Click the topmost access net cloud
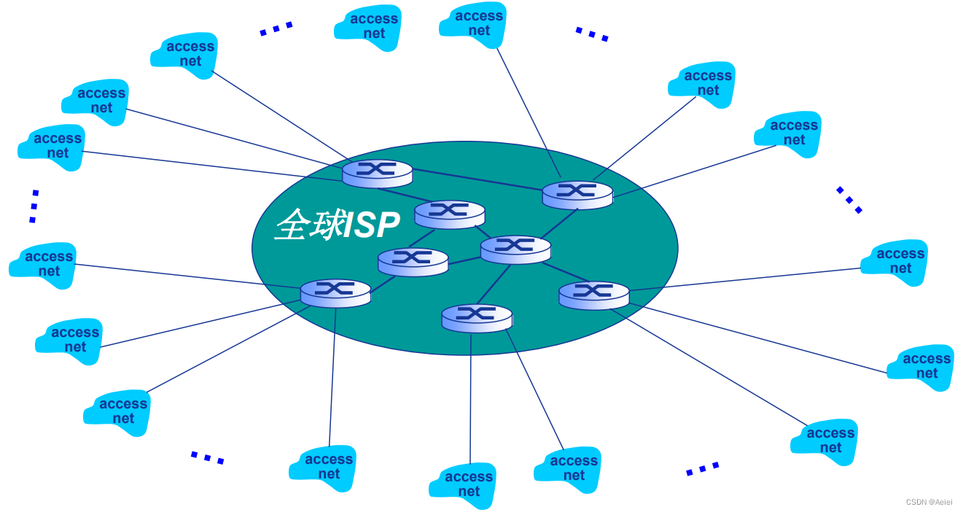tap(480, 24)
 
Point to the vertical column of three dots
tap(34, 206)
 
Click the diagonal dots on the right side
tap(849, 200)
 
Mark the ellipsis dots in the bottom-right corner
tap(702, 469)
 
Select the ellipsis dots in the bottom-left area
tap(207, 458)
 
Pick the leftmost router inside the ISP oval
tap(335, 292)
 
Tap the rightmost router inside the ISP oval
tap(593, 295)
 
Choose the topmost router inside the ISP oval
tap(377, 173)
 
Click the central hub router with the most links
tap(515, 249)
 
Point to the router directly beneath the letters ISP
tap(413, 261)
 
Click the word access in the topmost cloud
tap(479, 16)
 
